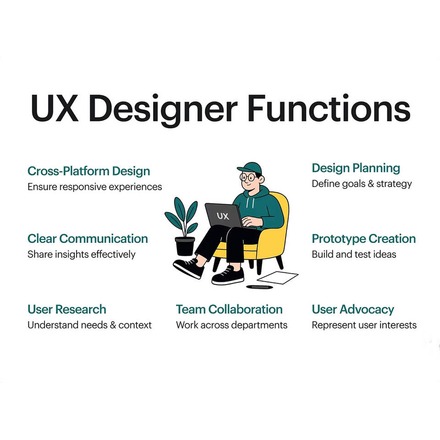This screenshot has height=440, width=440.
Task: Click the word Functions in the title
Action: pyautogui.click(x=329, y=108)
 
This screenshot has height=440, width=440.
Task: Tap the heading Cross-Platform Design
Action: pyautogui.click(x=88, y=171)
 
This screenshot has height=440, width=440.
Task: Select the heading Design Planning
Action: pyautogui.click(x=356, y=168)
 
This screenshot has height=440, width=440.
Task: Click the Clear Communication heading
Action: pyautogui.click(x=88, y=238)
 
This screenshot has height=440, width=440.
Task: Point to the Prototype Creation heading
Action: pyautogui.click(x=363, y=239)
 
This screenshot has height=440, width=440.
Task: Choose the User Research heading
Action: pyautogui.click(x=67, y=309)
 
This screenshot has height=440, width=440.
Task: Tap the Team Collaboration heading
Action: pyautogui.click(x=229, y=309)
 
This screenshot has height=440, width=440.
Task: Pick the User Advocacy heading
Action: pyautogui.click(x=353, y=309)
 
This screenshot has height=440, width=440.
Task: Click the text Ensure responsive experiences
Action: pyautogui.click(x=94, y=187)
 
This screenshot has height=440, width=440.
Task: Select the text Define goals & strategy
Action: pyautogui.click(x=362, y=184)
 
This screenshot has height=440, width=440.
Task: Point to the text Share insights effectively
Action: pyautogui.click(x=82, y=254)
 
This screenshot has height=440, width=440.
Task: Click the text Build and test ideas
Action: pyautogui.click(x=354, y=254)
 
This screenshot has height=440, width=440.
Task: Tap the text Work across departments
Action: pyautogui.click(x=231, y=325)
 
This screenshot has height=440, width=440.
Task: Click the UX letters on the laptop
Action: pyautogui.click(x=223, y=216)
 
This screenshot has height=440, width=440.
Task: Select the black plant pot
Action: pyautogui.click(x=185, y=246)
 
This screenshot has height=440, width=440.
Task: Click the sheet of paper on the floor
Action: pyautogui.click(x=278, y=278)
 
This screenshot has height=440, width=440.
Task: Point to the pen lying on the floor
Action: pyautogui.click(x=259, y=287)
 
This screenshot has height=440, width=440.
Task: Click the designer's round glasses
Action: pyautogui.click(x=247, y=177)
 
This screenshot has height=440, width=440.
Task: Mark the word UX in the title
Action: pyautogui.click(x=55, y=108)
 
